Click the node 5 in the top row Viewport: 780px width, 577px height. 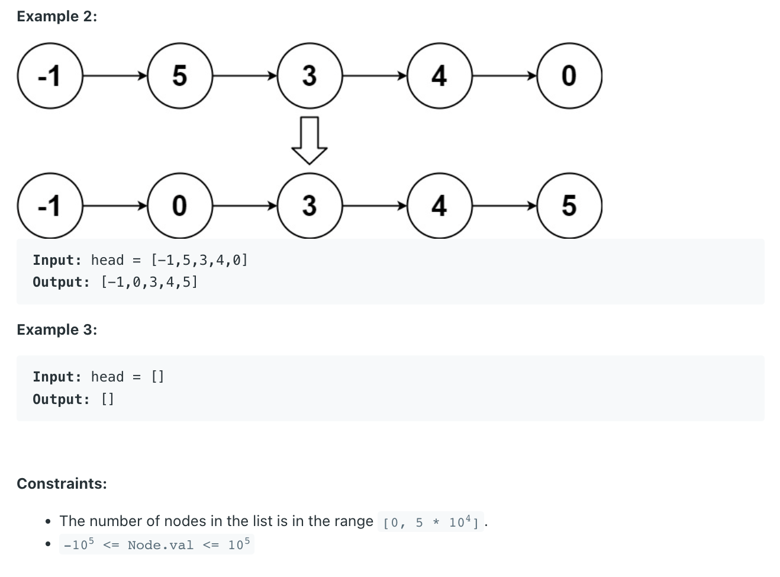click(179, 76)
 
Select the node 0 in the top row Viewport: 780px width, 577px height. click(569, 76)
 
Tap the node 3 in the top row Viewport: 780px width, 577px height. click(310, 76)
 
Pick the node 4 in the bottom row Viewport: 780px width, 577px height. click(439, 206)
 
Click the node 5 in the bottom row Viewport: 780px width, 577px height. click(569, 206)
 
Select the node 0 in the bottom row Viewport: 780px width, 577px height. click(179, 206)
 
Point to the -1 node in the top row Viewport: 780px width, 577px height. click(50, 76)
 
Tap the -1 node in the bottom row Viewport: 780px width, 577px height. click(50, 206)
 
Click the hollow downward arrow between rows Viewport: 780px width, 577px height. click(310, 140)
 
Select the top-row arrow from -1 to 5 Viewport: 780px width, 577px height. click(115, 76)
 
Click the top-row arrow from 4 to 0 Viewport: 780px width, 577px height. click(504, 76)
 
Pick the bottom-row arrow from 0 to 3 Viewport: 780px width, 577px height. click(244, 206)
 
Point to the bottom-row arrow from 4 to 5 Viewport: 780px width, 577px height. click(504, 206)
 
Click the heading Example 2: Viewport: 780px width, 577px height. click(57, 17)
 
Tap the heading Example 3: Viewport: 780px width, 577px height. click(57, 329)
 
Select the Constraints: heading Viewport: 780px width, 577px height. click(62, 483)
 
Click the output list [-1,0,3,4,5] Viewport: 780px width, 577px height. click(149, 282)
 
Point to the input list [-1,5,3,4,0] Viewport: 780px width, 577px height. click(199, 260)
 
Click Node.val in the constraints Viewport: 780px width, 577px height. click(160, 545)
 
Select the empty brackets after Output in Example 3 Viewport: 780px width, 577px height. click(107, 399)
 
